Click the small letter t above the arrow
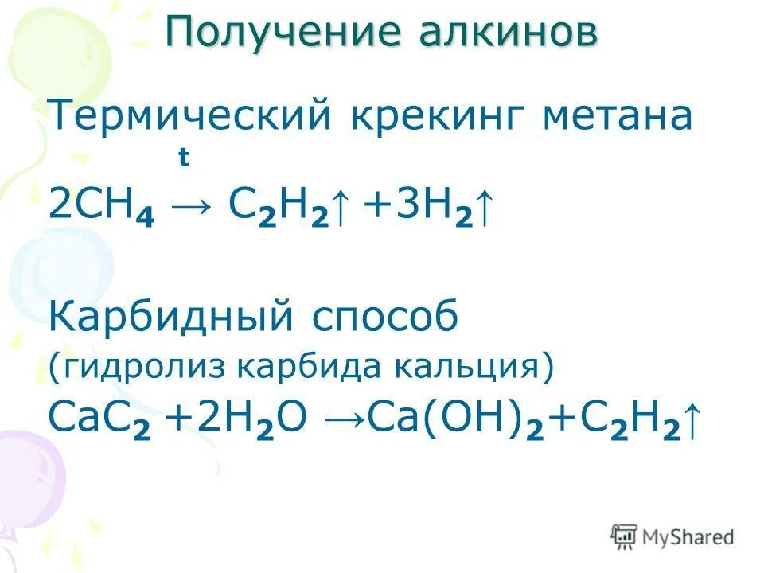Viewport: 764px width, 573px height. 184,158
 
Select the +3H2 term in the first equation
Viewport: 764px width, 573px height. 413,205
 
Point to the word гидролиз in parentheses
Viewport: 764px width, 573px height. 138,368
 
